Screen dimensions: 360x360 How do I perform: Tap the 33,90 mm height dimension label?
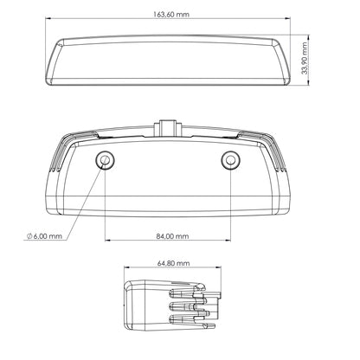tap(305, 58)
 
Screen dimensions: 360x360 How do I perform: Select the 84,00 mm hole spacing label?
tap(172, 236)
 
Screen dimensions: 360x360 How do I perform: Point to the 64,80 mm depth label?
tap(174, 263)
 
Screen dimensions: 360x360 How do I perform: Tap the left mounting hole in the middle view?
tap(105, 160)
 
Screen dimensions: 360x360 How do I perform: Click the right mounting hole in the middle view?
tap(231, 160)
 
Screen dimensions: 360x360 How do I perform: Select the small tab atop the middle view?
tap(168, 126)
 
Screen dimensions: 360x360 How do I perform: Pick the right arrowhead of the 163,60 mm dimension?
tap(287, 18)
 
